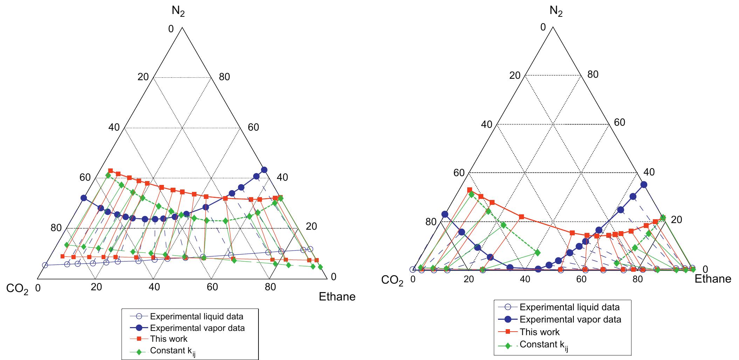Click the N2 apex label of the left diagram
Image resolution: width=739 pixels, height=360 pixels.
pos(178,12)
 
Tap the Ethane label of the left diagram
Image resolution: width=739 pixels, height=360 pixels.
pos(337,297)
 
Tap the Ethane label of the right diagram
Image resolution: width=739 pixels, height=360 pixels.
pos(713,279)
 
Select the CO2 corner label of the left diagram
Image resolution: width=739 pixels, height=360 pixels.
pos(17,289)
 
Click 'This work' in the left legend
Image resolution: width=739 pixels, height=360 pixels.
pos(169,339)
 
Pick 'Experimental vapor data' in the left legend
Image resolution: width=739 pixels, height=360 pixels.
pos(197,328)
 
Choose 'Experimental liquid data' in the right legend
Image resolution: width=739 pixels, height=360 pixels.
pos(569,307)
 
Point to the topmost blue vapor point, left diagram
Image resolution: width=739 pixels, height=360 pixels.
pos(264,170)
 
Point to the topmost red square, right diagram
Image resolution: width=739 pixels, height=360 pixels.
pos(470,190)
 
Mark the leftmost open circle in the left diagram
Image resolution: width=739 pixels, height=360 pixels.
pos(45,265)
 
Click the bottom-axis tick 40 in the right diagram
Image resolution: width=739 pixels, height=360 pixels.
pos(525,279)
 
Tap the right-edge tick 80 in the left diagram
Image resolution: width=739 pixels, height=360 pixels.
pos(224,77)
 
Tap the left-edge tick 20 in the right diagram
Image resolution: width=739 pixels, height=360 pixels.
pos(514,75)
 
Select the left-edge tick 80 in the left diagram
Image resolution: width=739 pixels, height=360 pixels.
pos(56,228)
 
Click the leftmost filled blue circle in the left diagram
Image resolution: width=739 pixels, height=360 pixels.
pos(84,198)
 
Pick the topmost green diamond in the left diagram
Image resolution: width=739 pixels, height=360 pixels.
pos(108,175)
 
